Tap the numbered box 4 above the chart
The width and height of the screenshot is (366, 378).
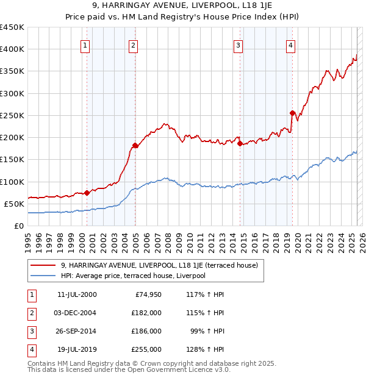292,45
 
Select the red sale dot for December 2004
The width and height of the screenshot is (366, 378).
135,145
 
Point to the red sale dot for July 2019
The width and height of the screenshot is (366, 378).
292,113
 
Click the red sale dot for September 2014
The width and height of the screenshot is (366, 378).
240,143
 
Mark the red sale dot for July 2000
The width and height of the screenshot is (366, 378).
87,193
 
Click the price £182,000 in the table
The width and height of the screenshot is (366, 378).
147,313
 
